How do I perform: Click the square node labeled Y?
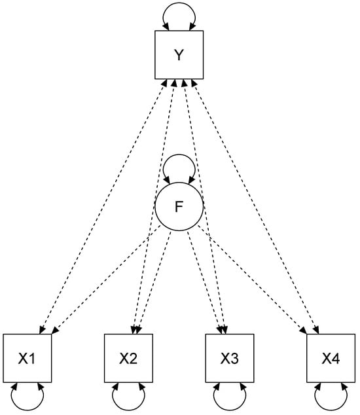click(179, 54)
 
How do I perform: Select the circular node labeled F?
click(179, 207)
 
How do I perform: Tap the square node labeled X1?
click(27, 358)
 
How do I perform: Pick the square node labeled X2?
click(128, 358)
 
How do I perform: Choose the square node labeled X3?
click(229, 358)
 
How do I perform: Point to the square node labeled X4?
click(330, 358)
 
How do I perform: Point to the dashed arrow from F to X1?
click(105, 278)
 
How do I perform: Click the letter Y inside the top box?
click(179, 54)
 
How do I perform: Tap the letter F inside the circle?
click(179, 207)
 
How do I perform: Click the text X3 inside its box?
click(229, 358)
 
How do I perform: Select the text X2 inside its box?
click(128, 358)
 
